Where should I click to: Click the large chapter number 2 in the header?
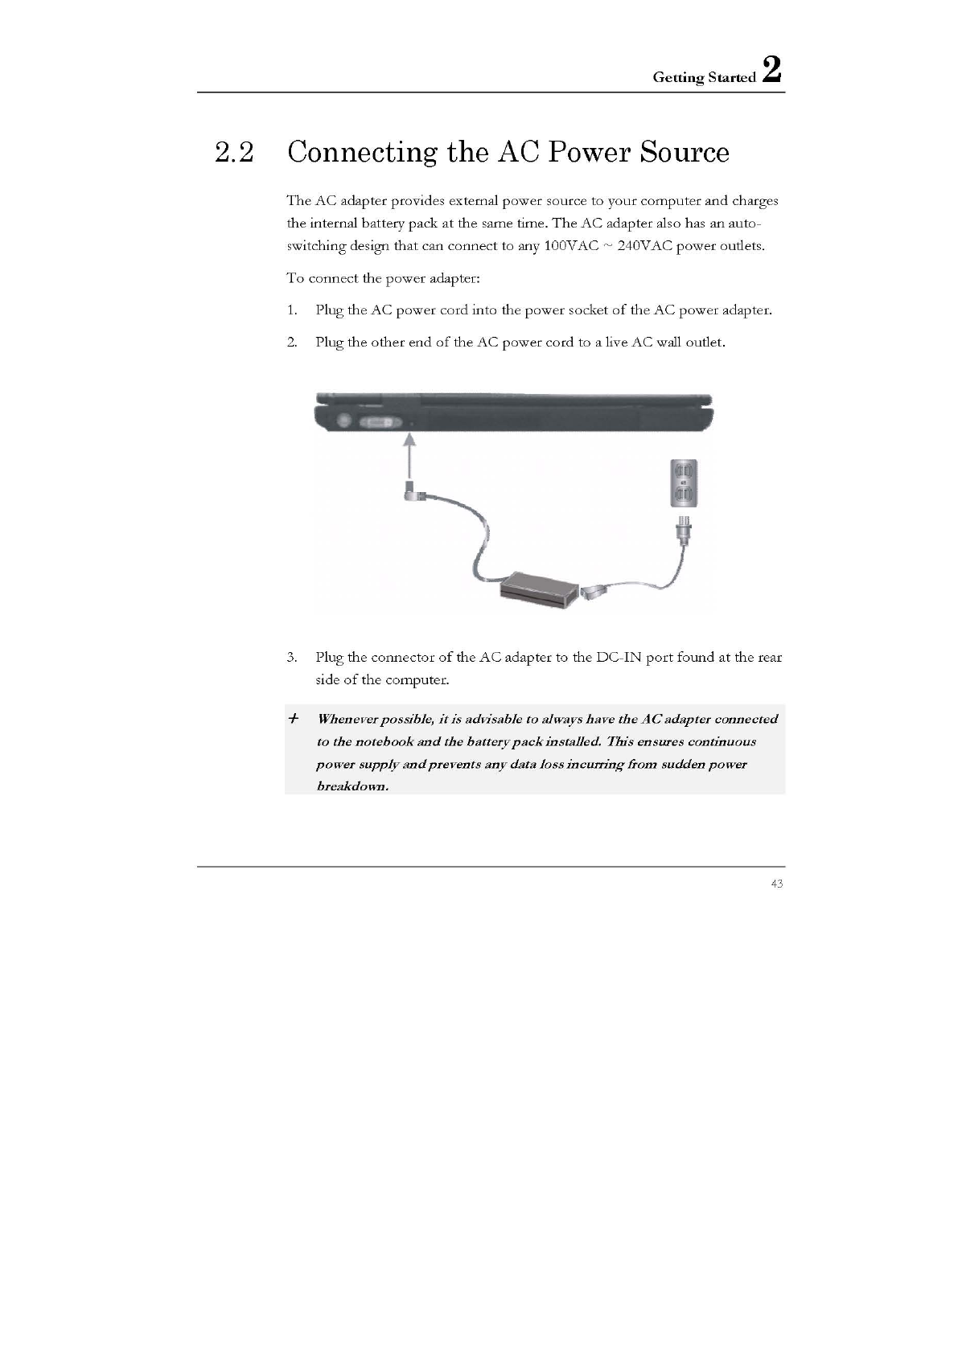(771, 69)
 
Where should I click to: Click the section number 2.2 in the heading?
(234, 152)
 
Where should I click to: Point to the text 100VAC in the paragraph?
(571, 246)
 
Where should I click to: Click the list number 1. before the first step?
(292, 310)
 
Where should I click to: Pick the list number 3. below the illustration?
(292, 658)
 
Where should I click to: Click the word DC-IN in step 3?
(619, 658)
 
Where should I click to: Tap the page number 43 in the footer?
(776, 884)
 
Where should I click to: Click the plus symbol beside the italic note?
(294, 717)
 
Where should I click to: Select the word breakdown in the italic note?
(352, 786)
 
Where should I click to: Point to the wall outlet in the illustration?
(684, 482)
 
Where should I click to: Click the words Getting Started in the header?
(704, 78)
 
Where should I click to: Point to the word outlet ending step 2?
(705, 343)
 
